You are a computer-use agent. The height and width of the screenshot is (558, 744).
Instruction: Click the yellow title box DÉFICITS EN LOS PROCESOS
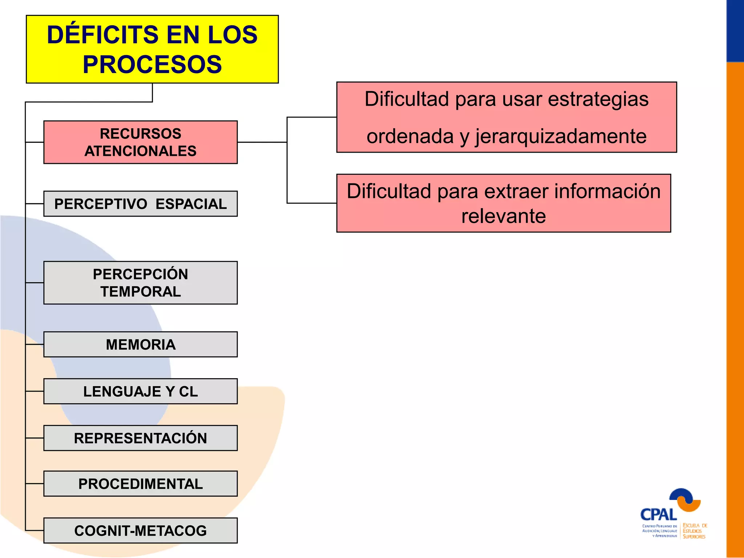(x=152, y=49)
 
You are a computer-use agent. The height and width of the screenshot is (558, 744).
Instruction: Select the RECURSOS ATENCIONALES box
(x=140, y=142)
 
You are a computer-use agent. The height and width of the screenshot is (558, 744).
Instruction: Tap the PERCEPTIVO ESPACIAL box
(x=140, y=204)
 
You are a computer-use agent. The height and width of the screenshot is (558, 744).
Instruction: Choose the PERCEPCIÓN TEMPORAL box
(x=140, y=283)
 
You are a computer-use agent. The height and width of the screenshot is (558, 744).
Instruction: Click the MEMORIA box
(x=140, y=344)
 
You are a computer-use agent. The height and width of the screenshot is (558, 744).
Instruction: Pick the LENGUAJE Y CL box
(x=140, y=391)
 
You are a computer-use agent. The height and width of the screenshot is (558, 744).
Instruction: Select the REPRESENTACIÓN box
(x=140, y=438)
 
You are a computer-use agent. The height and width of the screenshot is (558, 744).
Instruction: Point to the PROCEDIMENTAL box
(x=140, y=484)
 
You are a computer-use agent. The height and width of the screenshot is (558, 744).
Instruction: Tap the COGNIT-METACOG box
(x=140, y=531)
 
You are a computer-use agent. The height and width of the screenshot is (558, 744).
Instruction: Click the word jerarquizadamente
(x=561, y=137)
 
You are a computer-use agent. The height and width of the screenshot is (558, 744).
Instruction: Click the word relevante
(x=504, y=217)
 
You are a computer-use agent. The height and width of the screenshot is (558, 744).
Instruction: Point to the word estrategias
(x=598, y=99)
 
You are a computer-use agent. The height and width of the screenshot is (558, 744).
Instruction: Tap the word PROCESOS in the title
(x=152, y=65)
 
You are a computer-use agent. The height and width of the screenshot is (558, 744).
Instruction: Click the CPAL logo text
(x=658, y=515)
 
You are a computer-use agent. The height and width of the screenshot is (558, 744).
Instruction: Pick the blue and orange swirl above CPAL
(x=685, y=499)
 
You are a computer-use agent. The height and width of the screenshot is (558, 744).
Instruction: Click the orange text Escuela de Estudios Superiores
(x=694, y=531)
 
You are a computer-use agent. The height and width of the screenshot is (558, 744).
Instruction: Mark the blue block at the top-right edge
(x=735, y=31)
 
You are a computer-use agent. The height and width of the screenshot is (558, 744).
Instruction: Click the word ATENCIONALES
(x=140, y=151)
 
